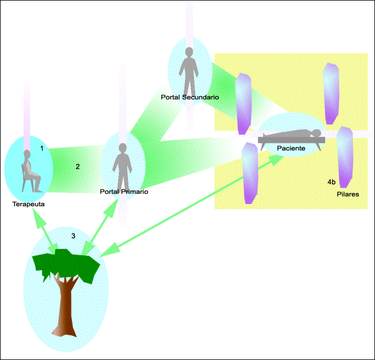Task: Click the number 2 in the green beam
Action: point(77,166)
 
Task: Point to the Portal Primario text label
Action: point(123,192)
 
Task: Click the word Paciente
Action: point(291,148)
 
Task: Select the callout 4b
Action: point(331,182)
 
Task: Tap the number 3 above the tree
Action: point(73,236)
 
